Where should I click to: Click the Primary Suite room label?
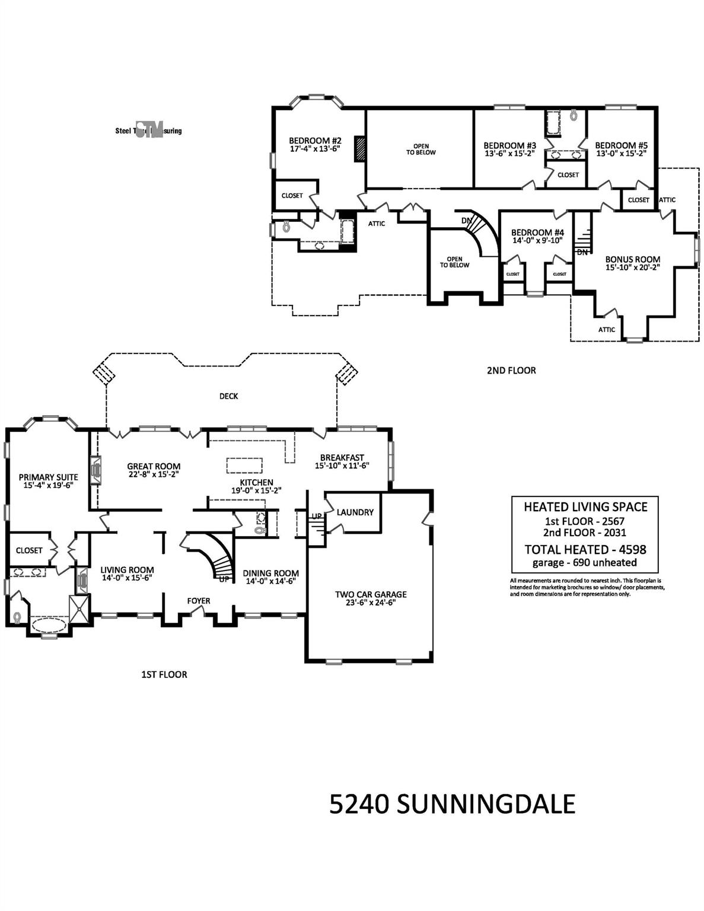48,477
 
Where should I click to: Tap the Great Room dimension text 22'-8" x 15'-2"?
154,474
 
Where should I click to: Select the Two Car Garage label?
371,594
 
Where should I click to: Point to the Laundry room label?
355,512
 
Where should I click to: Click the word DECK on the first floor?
228,396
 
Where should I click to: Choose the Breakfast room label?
342,457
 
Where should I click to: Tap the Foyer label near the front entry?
199,601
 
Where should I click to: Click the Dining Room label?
270,573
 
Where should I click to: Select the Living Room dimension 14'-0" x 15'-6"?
127,578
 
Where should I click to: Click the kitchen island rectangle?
243,466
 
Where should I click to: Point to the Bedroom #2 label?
315,141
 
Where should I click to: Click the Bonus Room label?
632,259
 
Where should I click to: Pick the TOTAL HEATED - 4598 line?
585,549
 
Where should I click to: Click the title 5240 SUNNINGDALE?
452,805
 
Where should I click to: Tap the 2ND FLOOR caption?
511,370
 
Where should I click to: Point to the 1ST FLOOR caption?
164,674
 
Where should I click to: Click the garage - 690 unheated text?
585,563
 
